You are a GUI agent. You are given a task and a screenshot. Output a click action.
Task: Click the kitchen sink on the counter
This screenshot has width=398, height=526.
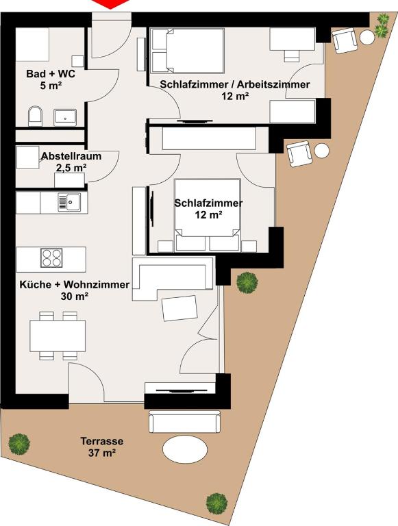[69, 202]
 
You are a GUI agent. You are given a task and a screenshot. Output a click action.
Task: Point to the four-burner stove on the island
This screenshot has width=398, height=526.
[52, 258]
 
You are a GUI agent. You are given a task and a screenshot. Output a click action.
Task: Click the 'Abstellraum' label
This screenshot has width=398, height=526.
[71, 156]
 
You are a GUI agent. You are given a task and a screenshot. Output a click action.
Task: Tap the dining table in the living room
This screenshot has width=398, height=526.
[58, 336]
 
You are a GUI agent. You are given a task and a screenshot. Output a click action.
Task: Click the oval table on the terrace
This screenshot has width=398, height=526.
[185, 451]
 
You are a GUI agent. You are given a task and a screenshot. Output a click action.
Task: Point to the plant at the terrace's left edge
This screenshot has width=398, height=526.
[19, 444]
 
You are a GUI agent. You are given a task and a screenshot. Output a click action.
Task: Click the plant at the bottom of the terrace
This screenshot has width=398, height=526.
[216, 503]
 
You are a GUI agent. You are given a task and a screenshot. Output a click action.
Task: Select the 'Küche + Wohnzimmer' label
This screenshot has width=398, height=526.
[74, 284]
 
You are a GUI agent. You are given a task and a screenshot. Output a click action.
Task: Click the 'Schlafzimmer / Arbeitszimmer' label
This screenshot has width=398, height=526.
[234, 84]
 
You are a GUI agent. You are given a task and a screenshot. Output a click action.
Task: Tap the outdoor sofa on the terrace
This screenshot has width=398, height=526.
[184, 421]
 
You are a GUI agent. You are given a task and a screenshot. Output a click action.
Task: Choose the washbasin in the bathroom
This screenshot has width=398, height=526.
[66, 116]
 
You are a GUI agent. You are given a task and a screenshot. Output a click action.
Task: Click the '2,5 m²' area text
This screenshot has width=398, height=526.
[71, 167]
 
